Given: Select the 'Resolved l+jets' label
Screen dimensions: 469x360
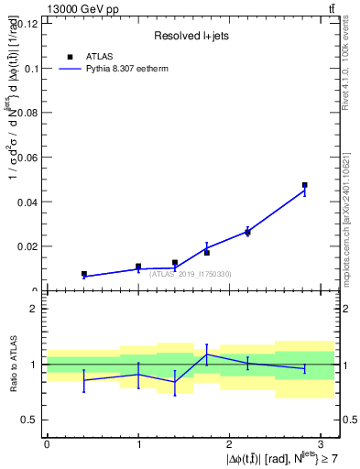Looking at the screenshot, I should [x=190, y=37].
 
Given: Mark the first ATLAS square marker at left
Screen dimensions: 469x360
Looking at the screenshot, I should [x=84, y=274].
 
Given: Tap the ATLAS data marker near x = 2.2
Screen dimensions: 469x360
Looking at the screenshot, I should [x=247, y=232].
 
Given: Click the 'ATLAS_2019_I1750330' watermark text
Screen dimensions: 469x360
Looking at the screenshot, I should [x=190, y=275].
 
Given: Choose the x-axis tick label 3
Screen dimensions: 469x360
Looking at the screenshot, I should [x=321, y=442].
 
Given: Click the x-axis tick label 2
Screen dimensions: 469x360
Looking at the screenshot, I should [x=229, y=442].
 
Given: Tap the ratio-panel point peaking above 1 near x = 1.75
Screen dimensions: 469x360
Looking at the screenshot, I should [x=207, y=354].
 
